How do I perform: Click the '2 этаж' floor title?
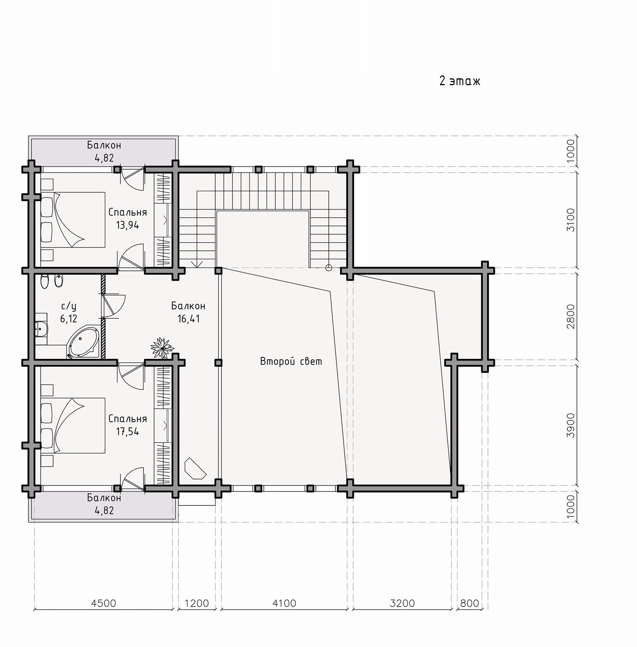(x=459, y=81)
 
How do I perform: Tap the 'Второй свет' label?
(x=291, y=362)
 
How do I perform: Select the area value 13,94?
(x=127, y=226)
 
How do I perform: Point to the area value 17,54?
(x=127, y=432)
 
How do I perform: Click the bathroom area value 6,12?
(x=68, y=319)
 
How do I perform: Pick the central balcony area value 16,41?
(x=188, y=319)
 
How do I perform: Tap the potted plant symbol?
(x=162, y=348)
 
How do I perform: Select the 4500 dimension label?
(x=104, y=603)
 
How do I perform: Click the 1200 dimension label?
(x=197, y=603)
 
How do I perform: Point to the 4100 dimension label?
(x=284, y=603)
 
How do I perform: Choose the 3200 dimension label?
(x=402, y=603)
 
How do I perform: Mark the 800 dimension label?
(x=470, y=603)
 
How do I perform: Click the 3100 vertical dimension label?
(x=570, y=220)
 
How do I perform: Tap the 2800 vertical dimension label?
(x=570, y=316)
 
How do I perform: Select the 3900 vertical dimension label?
(x=570, y=425)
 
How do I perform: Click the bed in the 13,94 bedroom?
(x=73, y=220)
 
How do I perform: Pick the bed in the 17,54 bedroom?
(x=73, y=425)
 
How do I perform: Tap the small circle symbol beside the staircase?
(x=329, y=268)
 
